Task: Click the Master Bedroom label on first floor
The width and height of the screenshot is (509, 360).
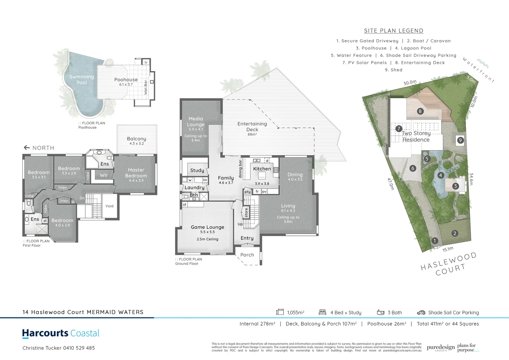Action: click(x=136, y=173)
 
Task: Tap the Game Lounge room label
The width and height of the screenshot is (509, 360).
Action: click(x=207, y=227)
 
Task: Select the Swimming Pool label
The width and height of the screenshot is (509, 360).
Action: click(x=82, y=80)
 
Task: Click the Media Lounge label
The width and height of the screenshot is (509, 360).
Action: click(x=196, y=122)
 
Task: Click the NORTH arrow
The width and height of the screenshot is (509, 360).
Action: click(x=27, y=148)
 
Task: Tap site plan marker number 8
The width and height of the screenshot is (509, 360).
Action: click(x=420, y=111)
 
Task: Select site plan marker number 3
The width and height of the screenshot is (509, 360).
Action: click(x=455, y=186)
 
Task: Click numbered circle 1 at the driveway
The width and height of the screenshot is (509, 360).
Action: click(x=434, y=241)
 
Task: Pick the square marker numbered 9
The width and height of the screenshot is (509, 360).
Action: click(x=460, y=140)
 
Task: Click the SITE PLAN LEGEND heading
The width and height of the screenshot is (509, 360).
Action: click(x=393, y=31)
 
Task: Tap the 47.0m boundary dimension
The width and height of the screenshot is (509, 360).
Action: click(x=390, y=184)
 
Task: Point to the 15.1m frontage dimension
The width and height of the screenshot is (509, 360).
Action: click(x=448, y=249)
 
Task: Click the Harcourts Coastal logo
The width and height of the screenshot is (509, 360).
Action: click(x=61, y=333)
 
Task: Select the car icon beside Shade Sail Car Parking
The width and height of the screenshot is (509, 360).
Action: click(x=421, y=313)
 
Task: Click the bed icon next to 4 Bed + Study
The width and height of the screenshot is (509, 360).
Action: click(x=322, y=312)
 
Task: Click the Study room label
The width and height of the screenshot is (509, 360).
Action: click(x=197, y=170)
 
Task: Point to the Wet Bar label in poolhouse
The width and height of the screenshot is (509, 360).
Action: click(x=146, y=87)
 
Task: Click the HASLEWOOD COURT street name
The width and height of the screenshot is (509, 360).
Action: click(x=448, y=265)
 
